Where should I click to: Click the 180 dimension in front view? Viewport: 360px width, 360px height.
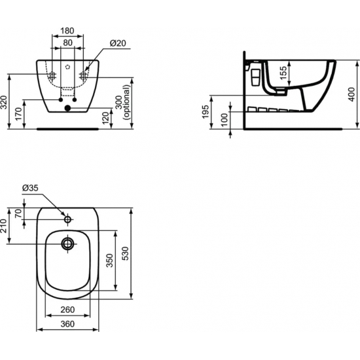(x=68, y=30)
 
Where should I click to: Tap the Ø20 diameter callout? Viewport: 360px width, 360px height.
(x=118, y=43)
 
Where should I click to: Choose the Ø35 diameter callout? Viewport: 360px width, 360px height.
(x=30, y=188)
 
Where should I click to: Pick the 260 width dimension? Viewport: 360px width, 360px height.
(x=68, y=310)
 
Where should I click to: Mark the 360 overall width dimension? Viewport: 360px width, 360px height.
(x=68, y=323)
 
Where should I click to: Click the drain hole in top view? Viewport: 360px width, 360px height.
(x=68, y=244)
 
